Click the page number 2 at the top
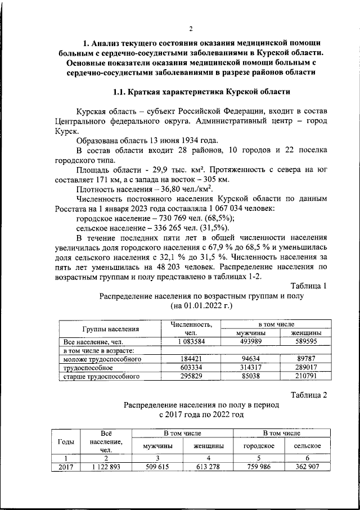point(191,29)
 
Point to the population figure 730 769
point(175,218)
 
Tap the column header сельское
point(307,445)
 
